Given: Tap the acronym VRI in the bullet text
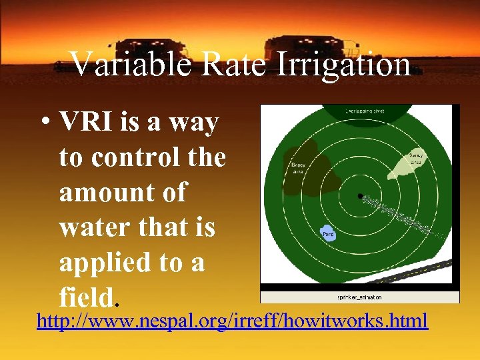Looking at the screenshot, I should coord(86,123).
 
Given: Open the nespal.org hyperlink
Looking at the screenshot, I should coord(232,321).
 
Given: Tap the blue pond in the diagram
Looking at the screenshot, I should coord(328,233).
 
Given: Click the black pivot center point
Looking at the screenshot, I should coord(360,196).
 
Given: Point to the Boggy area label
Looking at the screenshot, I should coord(298,167).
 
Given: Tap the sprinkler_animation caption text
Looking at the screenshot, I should coord(360,297).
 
